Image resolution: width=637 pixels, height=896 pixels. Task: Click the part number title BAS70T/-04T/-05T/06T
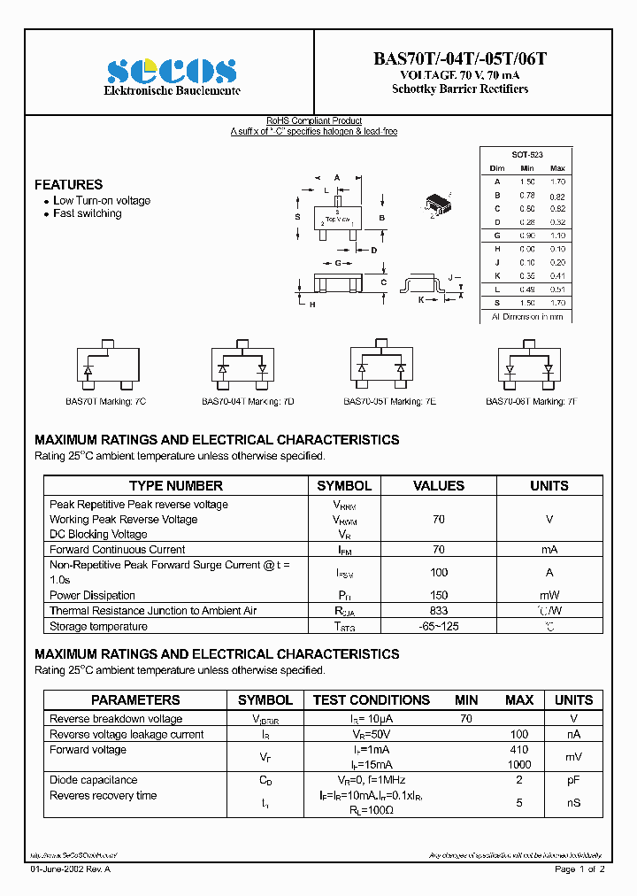pos(460,59)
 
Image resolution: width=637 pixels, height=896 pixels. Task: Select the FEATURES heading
pos(68,185)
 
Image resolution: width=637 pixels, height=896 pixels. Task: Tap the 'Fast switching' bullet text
pos(87,213)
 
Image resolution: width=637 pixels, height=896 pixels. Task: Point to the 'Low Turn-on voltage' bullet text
pos(101,201)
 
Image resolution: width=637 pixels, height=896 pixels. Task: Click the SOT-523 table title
pos(527,154)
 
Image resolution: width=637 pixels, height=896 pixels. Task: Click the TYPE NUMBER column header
pos(176,486)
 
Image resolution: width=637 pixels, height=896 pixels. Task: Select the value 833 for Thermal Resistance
pos(439,611)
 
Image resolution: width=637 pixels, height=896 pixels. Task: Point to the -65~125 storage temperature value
pos(439,627)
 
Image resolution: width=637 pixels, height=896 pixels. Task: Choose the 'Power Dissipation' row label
pos(92,596)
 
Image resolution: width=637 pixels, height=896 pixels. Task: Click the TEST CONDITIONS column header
pos(372,700)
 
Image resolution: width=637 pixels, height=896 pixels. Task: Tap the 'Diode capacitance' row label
pos(93,780)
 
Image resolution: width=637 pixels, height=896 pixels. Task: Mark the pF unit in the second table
pos(573,780)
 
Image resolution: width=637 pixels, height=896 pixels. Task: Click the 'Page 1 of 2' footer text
pos(579,869)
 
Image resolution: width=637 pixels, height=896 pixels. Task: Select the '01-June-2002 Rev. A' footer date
pos(71,869)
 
